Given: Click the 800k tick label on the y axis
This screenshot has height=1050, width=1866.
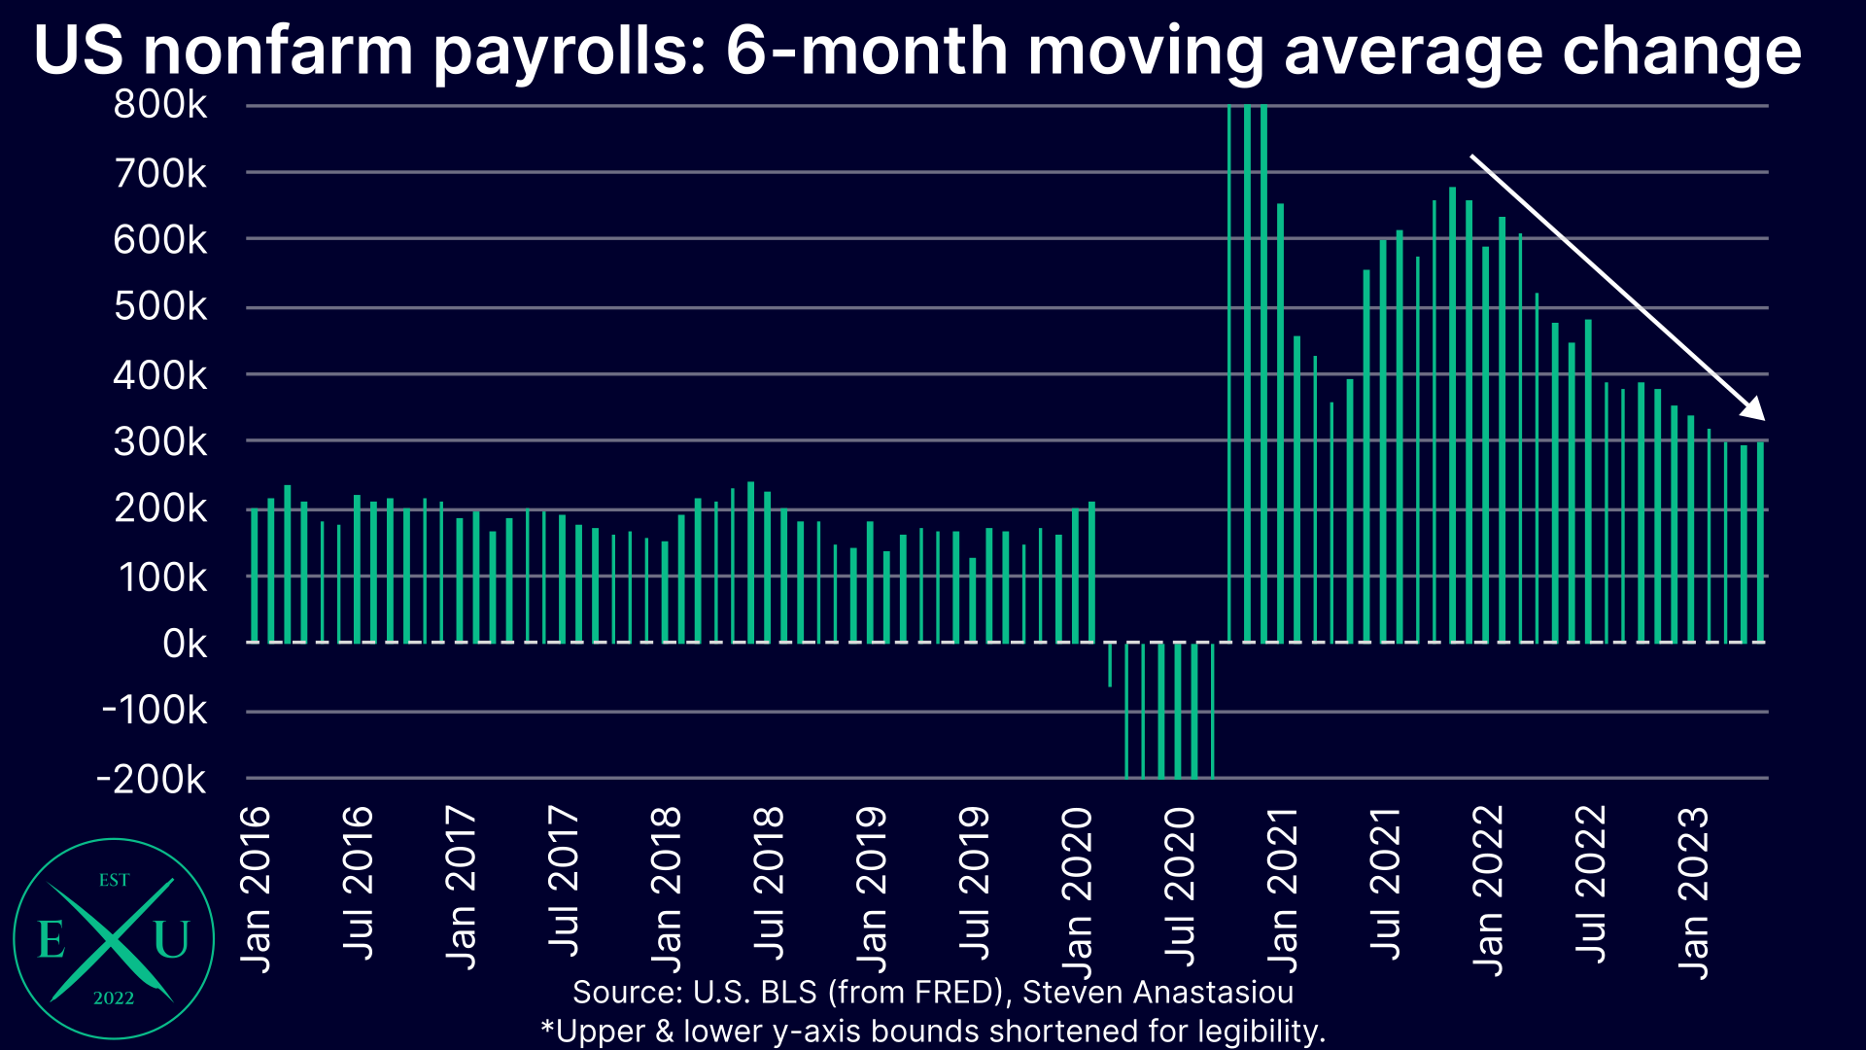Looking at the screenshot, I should (x=160, y=105).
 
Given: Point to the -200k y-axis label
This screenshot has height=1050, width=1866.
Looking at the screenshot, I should (x=152, y=779).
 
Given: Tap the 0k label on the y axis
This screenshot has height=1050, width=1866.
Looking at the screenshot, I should (x=185, y=644).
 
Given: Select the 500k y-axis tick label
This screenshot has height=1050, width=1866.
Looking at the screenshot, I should (x=160, y=307).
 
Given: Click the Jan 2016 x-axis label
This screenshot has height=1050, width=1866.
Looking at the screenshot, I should (x=256, y=889).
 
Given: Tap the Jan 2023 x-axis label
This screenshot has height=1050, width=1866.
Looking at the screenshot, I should (x=1693, y=892).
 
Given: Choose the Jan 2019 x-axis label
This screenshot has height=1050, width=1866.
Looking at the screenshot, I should (x=872, y=889).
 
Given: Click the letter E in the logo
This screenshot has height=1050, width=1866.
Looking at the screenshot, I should (x=51, y=940).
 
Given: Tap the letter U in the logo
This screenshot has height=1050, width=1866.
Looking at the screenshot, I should (x=171, y=940).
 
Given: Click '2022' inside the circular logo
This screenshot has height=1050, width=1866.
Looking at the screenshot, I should (x=114, y=998).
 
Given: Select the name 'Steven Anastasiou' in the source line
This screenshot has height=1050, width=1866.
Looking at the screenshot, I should (x=1158, y=993).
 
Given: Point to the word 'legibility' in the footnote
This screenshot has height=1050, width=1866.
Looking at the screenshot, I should (x=1261, y=1031).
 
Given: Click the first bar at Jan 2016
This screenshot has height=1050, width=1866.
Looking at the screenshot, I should (x=255, y=576).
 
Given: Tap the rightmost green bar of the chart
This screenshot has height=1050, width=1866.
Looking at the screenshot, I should (x=1760, y=542).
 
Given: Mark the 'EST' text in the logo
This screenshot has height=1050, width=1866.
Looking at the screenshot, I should (x=114, y=880).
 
